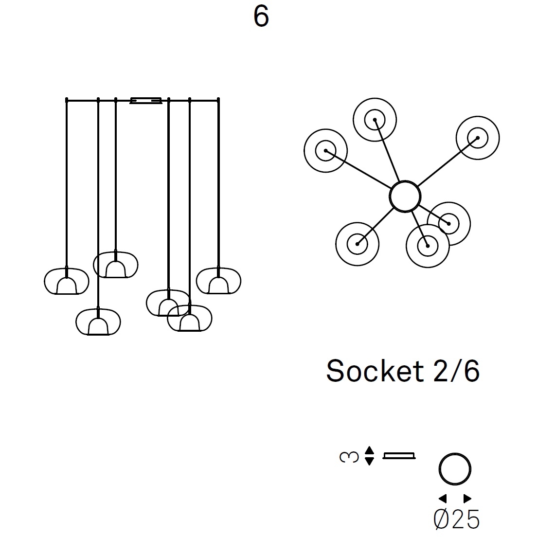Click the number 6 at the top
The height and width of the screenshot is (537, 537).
tap(261, 17)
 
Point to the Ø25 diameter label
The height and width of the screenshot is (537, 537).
tap(456, 519)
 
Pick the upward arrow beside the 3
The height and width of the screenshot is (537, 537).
tap(369, 450)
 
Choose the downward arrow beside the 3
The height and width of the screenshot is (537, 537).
tap(369, 461)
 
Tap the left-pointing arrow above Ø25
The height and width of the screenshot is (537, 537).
tap(443, 498)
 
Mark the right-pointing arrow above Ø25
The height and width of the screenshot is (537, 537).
tap(467, 498)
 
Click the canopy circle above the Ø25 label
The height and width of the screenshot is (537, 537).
tap(455, 469)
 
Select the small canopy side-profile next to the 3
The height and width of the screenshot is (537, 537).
tap(399, 456)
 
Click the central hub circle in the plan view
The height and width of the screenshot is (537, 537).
tap(405, 197)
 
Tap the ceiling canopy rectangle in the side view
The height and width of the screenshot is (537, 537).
tap(146, 101)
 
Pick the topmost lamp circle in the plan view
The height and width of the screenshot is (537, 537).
tap(375, 120)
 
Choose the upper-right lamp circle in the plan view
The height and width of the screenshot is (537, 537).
tap(478, 138)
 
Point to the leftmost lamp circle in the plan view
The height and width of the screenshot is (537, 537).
tap(325, 150)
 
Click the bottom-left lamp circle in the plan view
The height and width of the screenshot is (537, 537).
tap(357, 244)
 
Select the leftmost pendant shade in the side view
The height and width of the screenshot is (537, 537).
tap(67, 282)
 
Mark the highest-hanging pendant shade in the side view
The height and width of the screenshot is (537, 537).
tap(115, 265)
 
